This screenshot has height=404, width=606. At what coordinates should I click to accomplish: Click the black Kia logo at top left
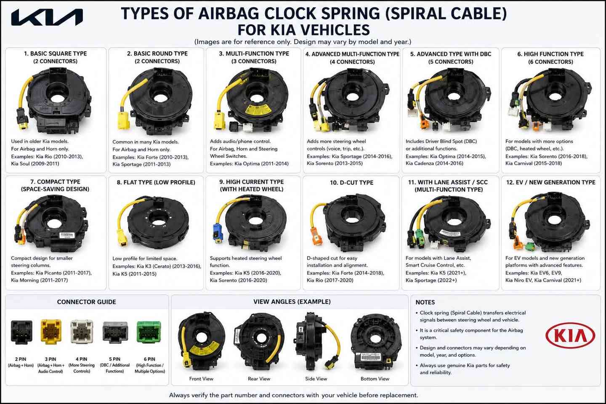tap(47, 17)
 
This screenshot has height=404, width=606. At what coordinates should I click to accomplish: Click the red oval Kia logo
tap(570, 335)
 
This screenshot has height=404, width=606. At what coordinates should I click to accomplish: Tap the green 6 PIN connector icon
tap(149, 332)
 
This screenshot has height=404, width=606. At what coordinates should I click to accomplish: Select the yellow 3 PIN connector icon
tap(51, 332)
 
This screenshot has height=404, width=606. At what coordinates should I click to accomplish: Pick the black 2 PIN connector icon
tap(21, 332)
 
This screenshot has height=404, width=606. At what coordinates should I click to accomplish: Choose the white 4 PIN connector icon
tap(82, 332)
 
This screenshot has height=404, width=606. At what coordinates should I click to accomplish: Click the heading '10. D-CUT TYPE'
tap(351, 183)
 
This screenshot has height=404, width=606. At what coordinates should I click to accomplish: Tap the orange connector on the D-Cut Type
tap(316, 236)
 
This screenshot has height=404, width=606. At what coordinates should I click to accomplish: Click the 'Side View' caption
tap(316, 379)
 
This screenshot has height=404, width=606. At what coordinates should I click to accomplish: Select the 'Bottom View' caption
tap(375, 379)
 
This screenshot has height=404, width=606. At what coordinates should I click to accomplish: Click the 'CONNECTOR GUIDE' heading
tap(87, 302)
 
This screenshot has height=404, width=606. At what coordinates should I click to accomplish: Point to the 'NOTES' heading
tap(425, 302)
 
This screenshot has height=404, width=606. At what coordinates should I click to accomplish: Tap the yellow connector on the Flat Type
tap(122, 238)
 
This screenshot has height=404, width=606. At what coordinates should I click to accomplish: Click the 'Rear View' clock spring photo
tap(259, 342)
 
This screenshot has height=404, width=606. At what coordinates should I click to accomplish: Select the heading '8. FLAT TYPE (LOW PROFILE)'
tap(156, 182)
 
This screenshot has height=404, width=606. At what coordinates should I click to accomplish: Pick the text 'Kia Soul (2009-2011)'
tap(35, 164)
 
